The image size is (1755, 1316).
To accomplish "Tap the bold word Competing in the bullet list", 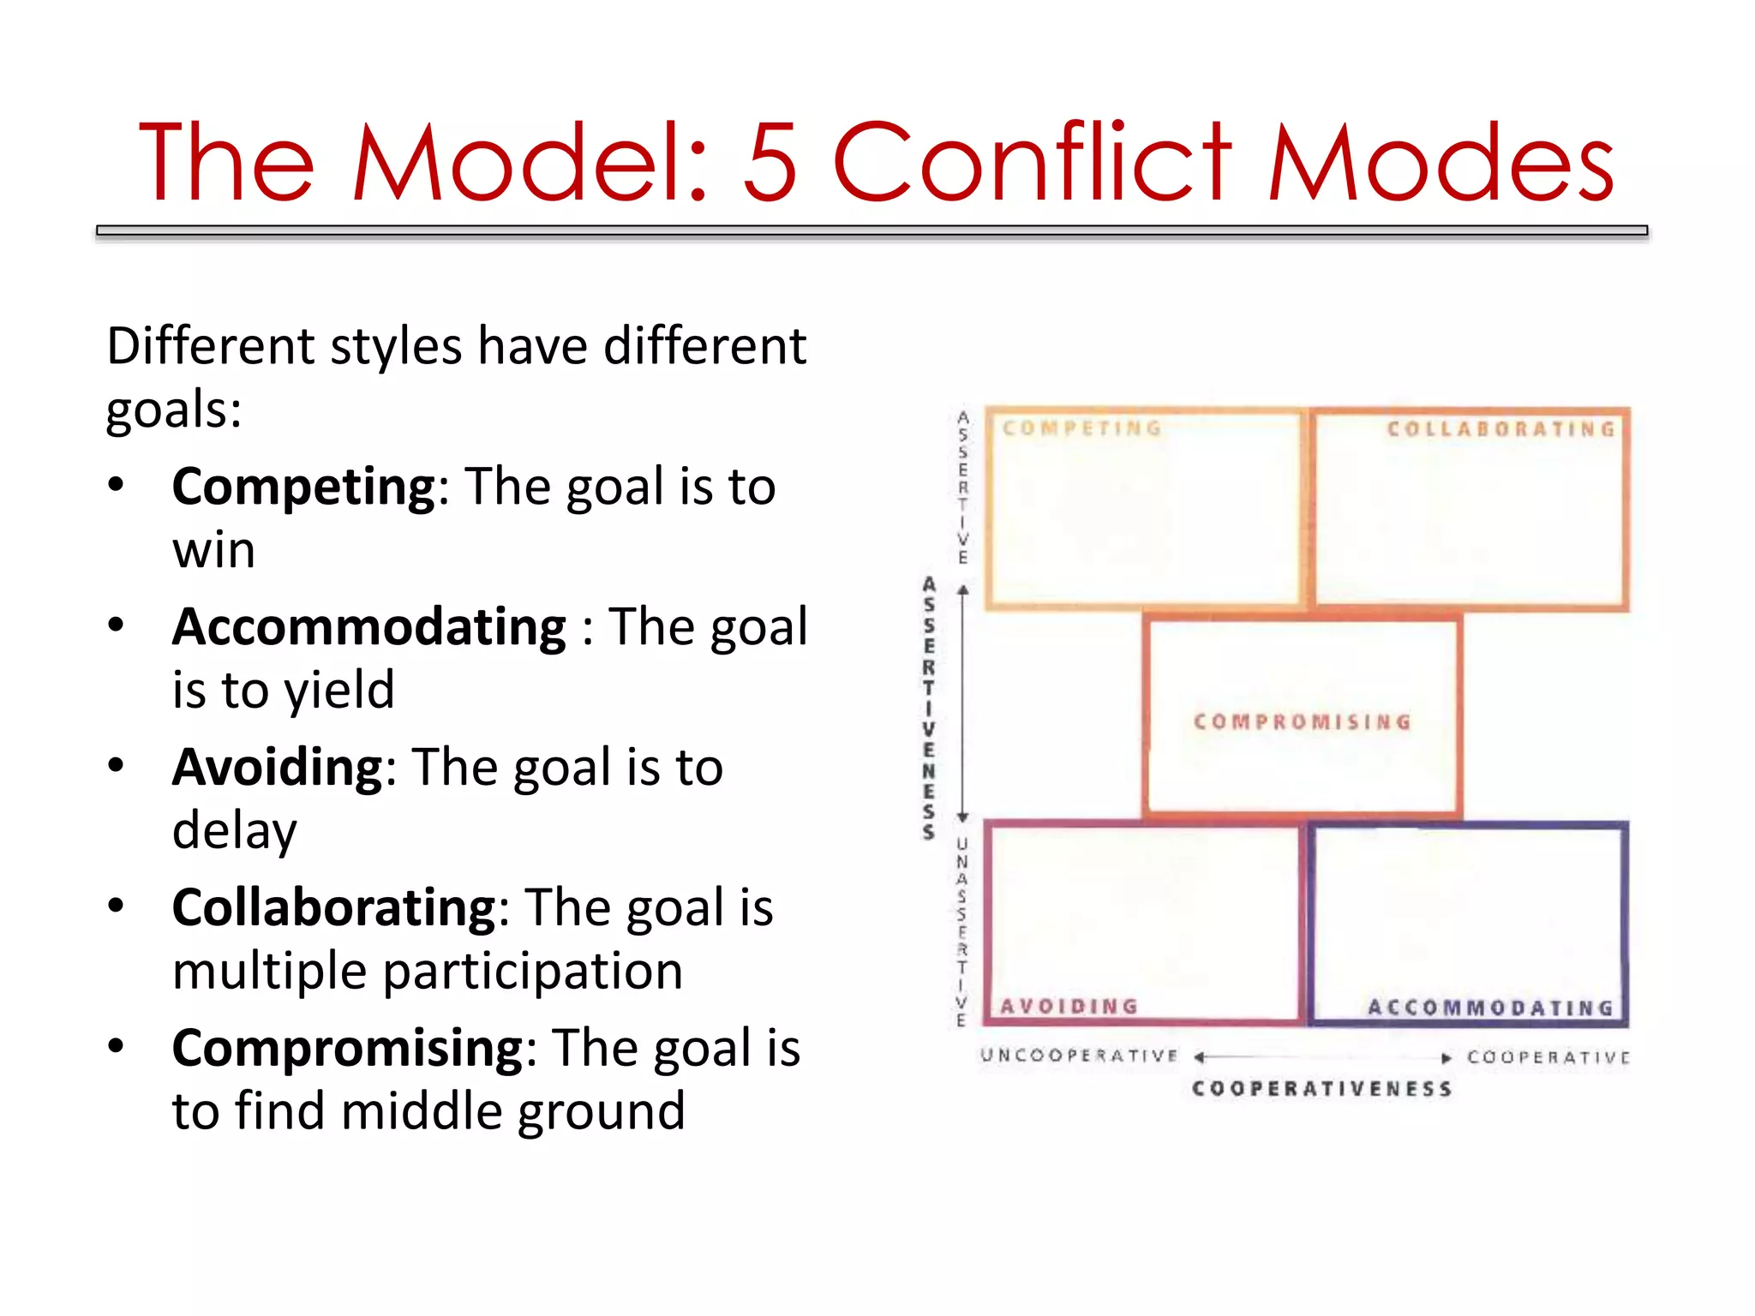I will coord(304,488).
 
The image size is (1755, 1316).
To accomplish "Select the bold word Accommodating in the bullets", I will coord(369,627).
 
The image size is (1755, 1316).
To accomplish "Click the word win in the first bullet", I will coord(213,550).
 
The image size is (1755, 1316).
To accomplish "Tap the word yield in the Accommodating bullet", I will coord(339,691).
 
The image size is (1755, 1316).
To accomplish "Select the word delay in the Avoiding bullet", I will coord(234,830).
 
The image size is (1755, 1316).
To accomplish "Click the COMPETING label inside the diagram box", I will coord(1082,428).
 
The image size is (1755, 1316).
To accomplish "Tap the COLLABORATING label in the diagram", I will coord(1500,428).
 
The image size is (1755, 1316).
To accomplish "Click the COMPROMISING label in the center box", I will coord(1302,721).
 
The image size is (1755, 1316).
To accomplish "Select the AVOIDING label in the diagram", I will coord(1069,1006).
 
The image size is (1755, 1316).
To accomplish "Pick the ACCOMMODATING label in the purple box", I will coord(1490,1008).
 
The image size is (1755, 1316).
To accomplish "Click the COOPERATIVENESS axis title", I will coord(1321,1088).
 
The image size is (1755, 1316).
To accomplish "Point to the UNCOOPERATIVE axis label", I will coord(1079,1055).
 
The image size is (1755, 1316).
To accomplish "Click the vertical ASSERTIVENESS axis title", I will coord(928,708).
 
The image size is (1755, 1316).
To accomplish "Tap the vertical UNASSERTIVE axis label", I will coord(961,932).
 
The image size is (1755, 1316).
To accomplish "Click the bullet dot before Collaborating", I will coord(117,905).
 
